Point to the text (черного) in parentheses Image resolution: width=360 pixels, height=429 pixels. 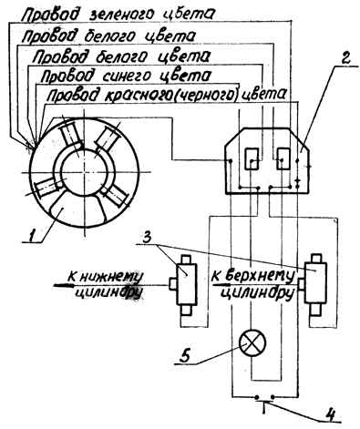tap(205, 96)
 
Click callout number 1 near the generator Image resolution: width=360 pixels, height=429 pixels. tap(33, 235)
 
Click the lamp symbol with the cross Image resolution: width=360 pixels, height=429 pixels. tap(252, 343)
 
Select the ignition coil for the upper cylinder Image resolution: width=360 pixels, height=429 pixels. tap(315, 285)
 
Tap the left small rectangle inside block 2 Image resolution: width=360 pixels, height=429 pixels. tap(252, 158)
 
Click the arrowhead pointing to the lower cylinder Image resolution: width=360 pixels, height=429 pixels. tap(63, 285)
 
